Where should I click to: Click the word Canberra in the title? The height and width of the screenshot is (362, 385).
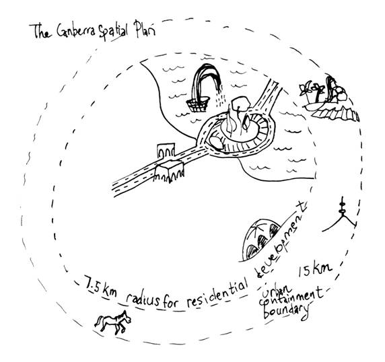[x=75, y=32]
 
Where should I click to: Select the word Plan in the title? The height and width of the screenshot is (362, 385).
[x=144, y=29]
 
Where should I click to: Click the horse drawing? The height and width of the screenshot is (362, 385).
[x=112, y=322]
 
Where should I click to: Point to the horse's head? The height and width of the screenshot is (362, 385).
[x=127, y=317]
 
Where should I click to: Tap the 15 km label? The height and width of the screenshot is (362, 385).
[x=315, y=270]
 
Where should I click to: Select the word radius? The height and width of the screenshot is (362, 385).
[x=142, y=299]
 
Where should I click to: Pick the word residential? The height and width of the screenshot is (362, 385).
[x=217, y=292]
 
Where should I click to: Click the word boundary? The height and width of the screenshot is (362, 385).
[x=285, y=312]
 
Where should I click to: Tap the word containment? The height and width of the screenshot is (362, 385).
[x=291, y=298]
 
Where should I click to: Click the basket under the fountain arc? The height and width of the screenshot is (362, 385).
[x=198, y=104]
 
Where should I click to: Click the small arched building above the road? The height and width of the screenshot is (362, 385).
[x=166, y=149]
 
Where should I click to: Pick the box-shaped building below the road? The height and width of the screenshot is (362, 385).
[x=170, y=171]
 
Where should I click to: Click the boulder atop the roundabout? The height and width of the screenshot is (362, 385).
[x=241, y=103]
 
